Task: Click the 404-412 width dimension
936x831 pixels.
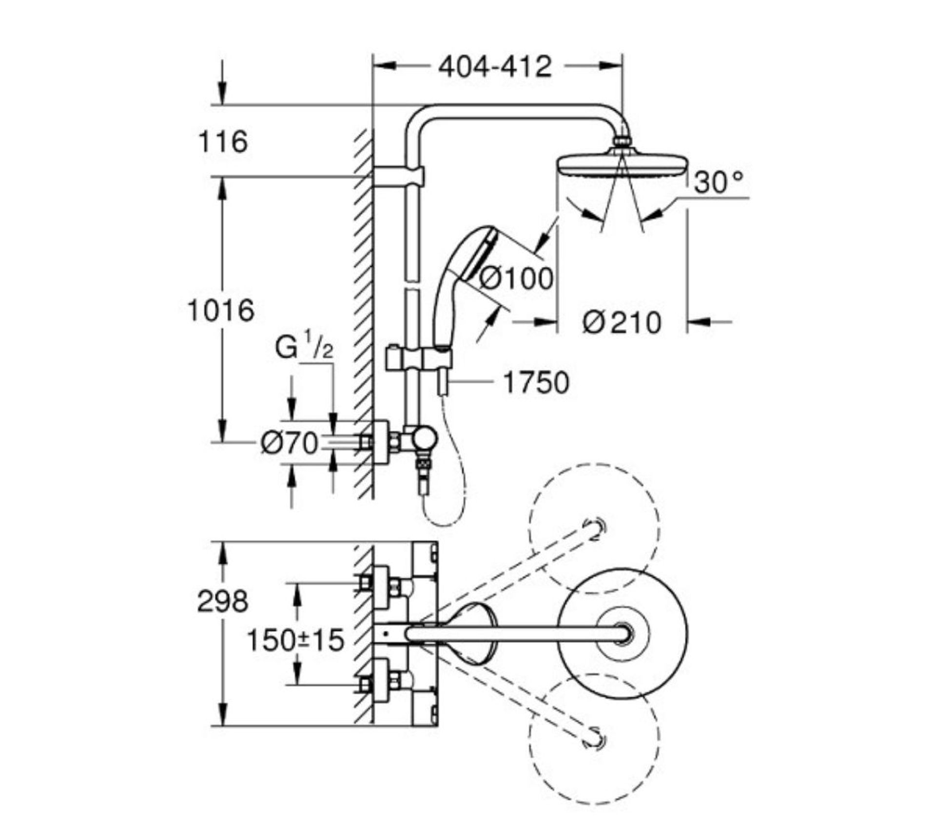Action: (494, 67)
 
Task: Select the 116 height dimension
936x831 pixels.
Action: (223, 142)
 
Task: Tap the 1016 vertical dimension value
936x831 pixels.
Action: (221, 310)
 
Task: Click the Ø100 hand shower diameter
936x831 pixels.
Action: (516, 278)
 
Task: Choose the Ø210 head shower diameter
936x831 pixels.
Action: (622, 322)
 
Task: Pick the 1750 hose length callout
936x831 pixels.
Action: (535, 382)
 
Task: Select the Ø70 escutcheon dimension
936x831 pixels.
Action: (289, 443)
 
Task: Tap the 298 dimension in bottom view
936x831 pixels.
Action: (222, 601)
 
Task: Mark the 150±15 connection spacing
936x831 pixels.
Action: (295, 640)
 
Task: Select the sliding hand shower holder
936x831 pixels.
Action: (419, 358)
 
